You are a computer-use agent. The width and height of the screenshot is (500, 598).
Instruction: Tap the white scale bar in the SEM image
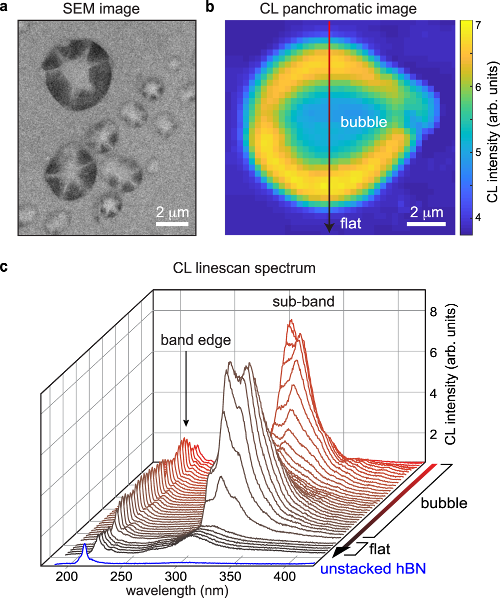click(x=172, y=223)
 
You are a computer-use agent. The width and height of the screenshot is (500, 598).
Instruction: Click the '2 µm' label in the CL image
click(x=426, y=213)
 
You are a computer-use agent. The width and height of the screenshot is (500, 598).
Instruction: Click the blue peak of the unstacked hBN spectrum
click(x=84, y=546)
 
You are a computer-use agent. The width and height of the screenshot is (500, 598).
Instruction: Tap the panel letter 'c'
click(x=5, y=267)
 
